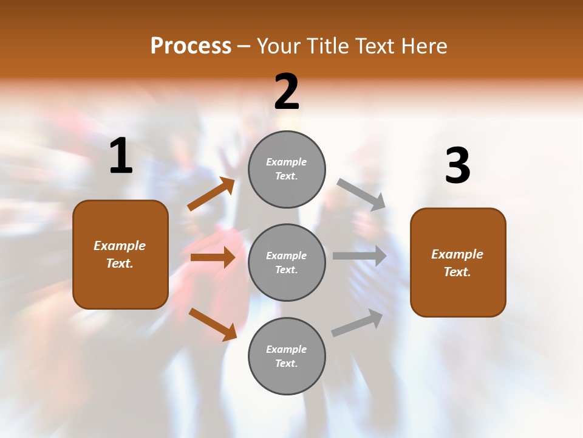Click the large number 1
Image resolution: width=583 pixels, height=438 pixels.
[x=121, y=156]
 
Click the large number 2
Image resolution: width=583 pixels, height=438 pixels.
[x=287, y=92]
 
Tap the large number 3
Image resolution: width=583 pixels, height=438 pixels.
[x=457, y=166]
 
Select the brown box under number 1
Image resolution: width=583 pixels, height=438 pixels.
[x=120, y=254]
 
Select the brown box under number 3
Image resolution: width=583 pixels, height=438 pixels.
[x=458, y=262]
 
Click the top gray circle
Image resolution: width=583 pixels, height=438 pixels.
[x=287, y=169]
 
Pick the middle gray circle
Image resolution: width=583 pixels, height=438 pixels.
[x=287, y=262]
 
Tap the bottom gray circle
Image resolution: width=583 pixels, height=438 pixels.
[x=287, y=356]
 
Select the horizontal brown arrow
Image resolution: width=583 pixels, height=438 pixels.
[x=213, y=257]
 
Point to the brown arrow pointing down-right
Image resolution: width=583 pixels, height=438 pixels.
[x=213, y=324]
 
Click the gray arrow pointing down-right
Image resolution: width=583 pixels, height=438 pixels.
[x=361, y=195]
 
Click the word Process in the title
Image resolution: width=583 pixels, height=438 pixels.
[x=191, y=46]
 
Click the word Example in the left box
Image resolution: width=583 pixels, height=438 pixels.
[x=120, y=246]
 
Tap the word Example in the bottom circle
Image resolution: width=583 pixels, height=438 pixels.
[x=286, y=349]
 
